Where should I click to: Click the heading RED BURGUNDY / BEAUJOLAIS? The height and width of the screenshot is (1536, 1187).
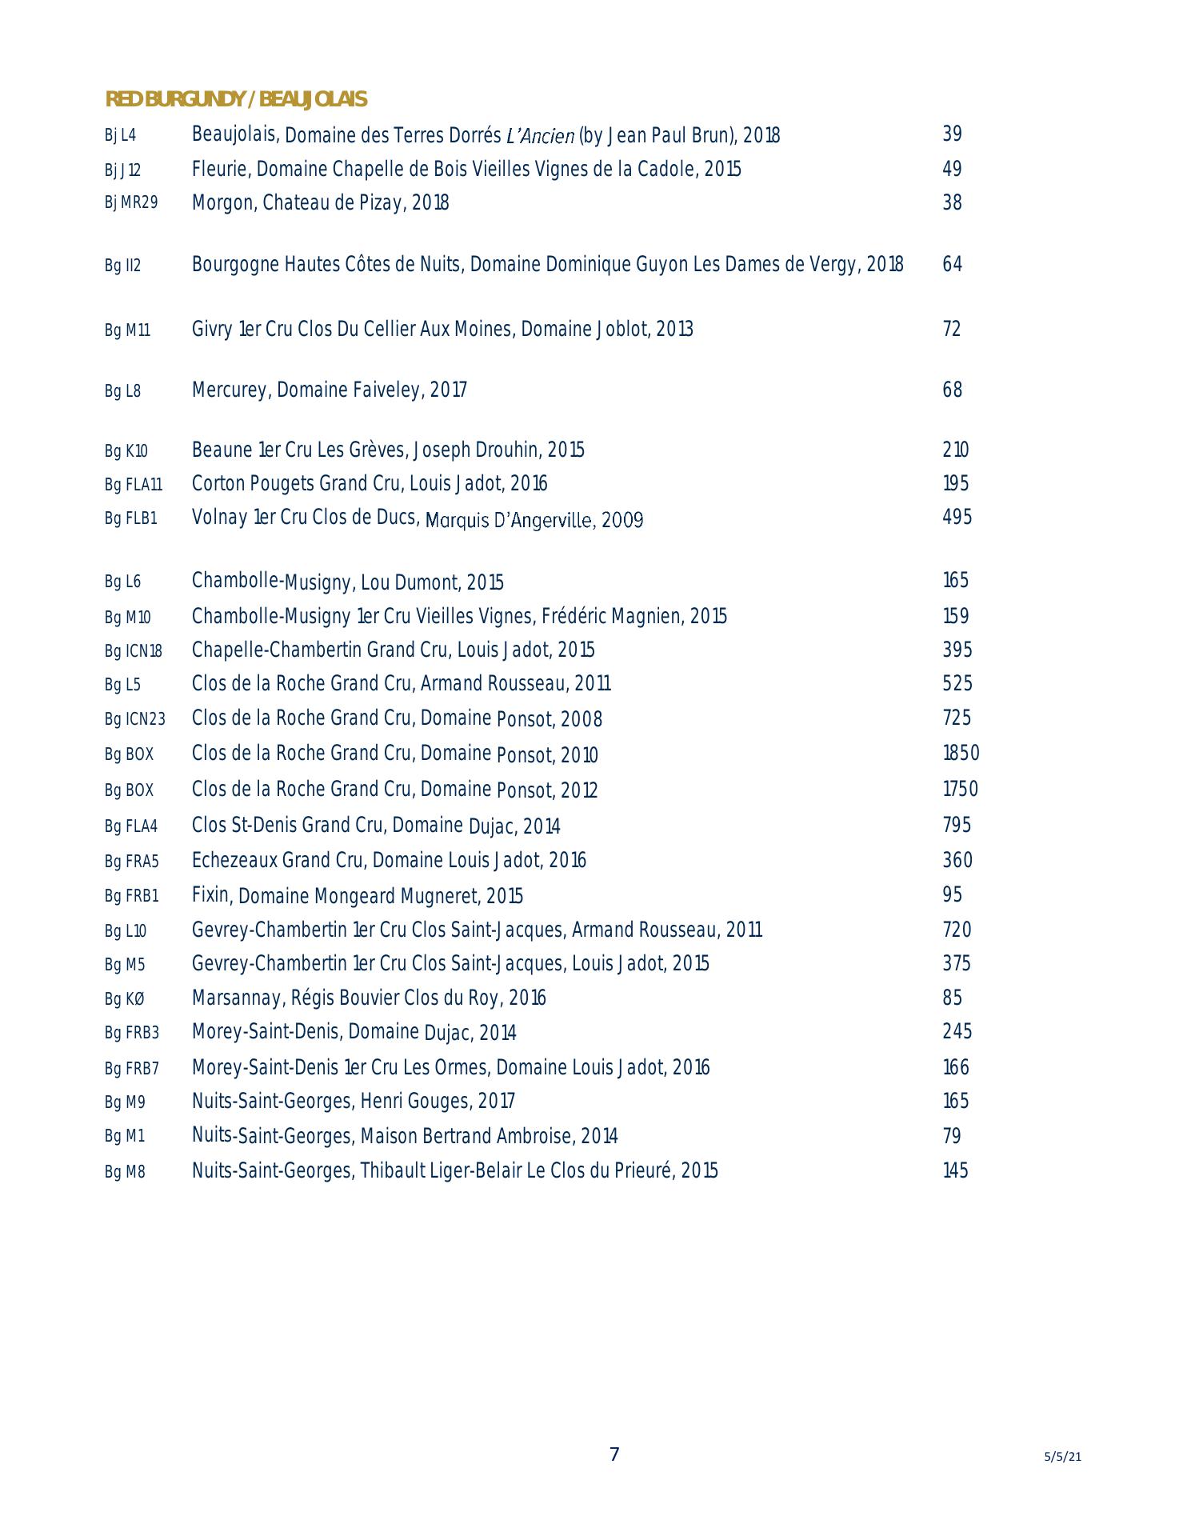236,99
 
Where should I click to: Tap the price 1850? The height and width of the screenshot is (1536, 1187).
961,754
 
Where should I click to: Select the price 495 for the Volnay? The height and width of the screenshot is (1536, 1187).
957,518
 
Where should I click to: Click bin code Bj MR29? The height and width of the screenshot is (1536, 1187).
131,203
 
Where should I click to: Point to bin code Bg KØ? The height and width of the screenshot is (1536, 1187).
125,999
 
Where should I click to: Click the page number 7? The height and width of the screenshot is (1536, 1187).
614,1454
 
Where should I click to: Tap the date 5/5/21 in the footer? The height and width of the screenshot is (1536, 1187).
1062,1457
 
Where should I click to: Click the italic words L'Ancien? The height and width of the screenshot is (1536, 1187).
541,136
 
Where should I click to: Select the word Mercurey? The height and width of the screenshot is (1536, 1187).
230,390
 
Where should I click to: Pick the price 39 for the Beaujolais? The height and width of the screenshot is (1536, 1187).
952,134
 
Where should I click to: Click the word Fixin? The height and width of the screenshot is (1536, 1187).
211,895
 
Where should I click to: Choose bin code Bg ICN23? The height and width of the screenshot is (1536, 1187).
134,719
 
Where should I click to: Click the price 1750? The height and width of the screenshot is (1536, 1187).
960,790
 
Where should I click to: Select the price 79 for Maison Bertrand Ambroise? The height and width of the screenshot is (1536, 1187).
952,1137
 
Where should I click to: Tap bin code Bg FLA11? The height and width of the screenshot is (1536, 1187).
133,485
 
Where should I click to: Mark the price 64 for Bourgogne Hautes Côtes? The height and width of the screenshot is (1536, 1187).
952,265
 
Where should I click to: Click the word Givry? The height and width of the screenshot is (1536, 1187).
212,330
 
